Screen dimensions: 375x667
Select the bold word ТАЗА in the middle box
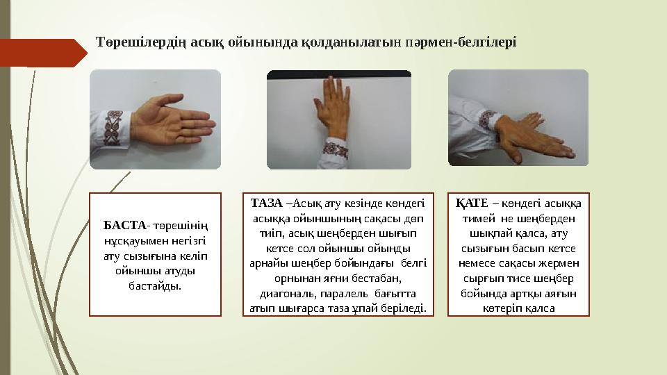click(x=266, y=203)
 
